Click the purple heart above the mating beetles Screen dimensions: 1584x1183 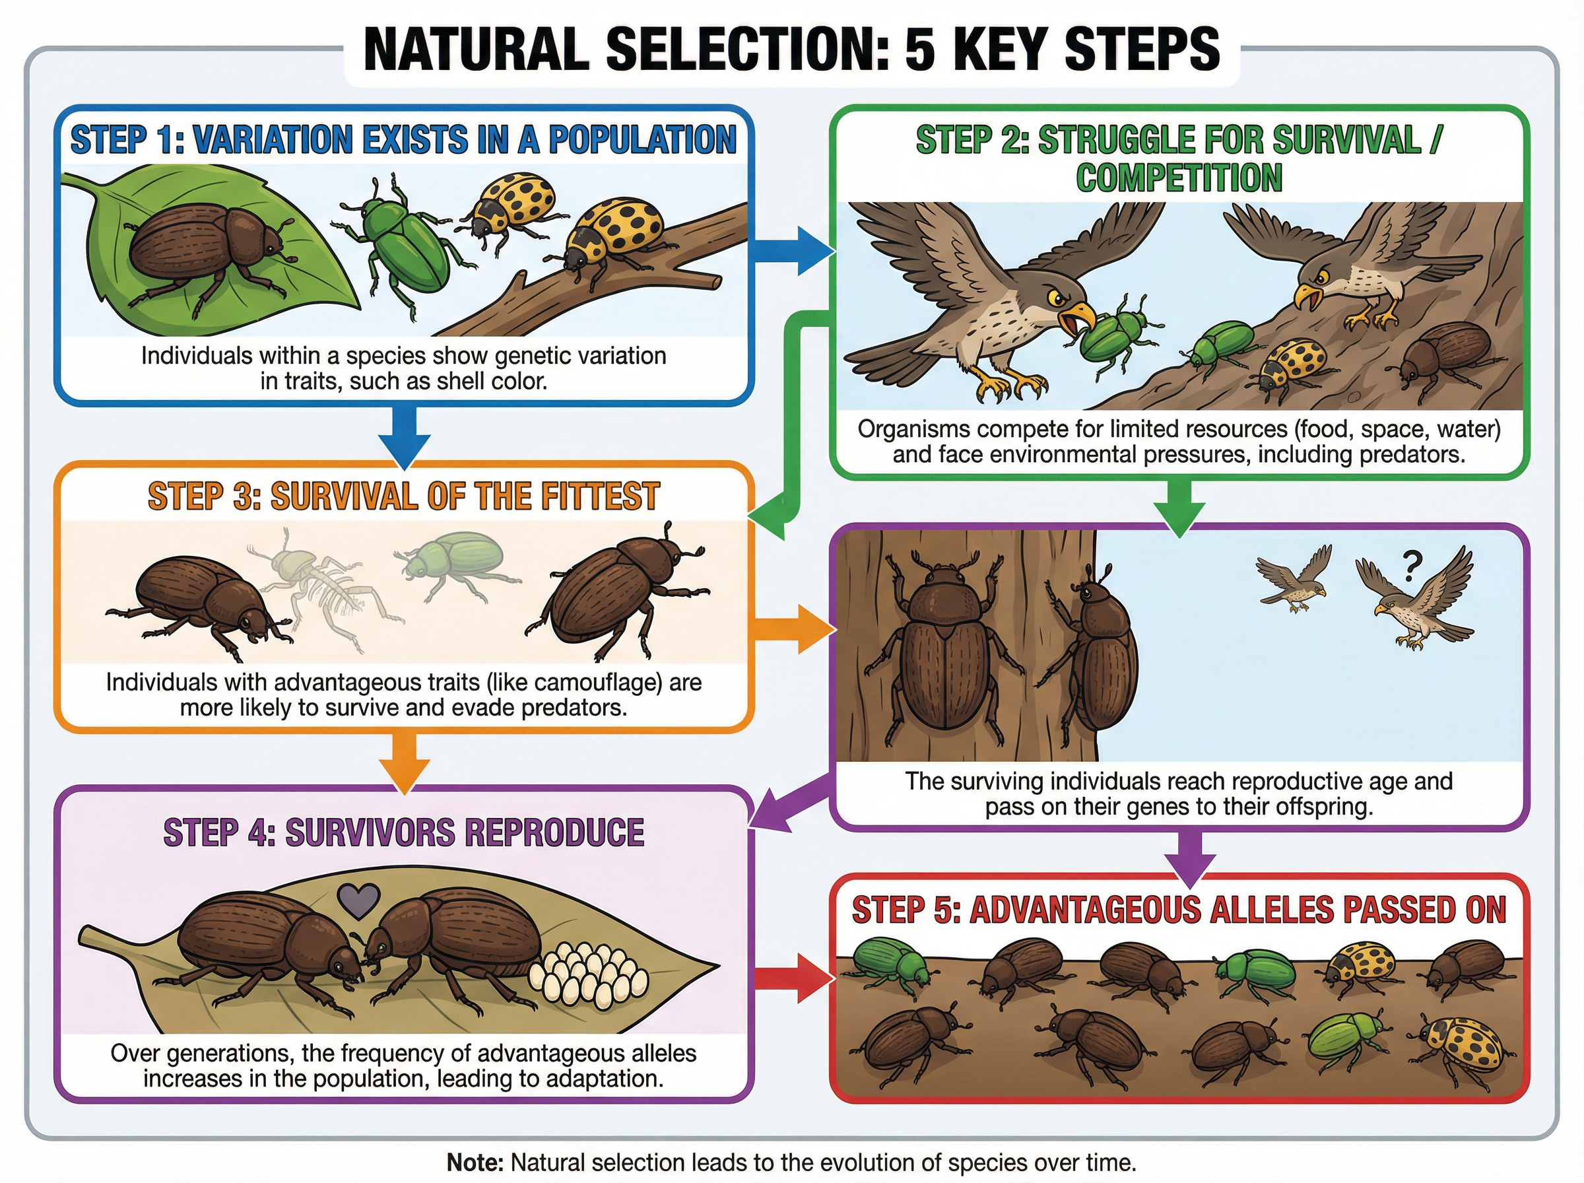[358, 900]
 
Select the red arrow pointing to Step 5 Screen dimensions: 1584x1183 [795, 978]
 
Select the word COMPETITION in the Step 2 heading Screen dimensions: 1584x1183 [1179, 178]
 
